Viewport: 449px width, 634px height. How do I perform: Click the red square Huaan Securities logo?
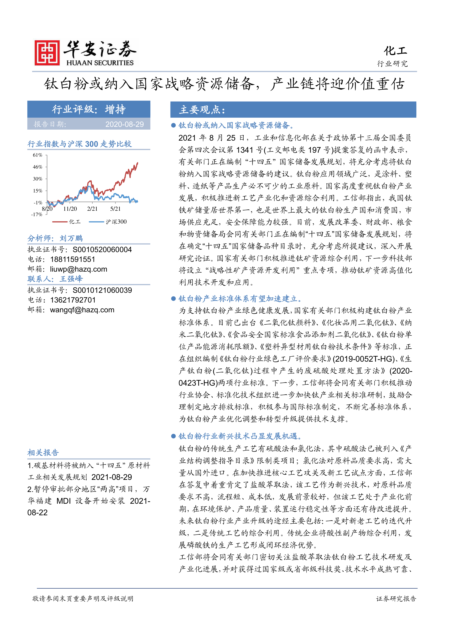(47, 53)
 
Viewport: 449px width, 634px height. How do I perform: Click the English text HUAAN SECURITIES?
(100, 63)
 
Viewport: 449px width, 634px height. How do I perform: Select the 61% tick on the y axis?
(38, 155)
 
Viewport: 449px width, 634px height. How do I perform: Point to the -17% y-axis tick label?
(37, 215)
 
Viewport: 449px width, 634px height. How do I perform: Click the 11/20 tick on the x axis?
(70, 209)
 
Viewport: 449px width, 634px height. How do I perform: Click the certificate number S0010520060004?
(102, 250)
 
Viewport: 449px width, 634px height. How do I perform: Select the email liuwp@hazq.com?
(79, 269)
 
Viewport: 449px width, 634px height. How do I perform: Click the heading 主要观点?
(202, 110)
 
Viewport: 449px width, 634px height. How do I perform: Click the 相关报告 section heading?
(43, 453)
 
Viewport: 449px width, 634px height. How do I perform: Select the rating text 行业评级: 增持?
(89, 109)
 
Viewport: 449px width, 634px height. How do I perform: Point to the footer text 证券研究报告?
(396, 598)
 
